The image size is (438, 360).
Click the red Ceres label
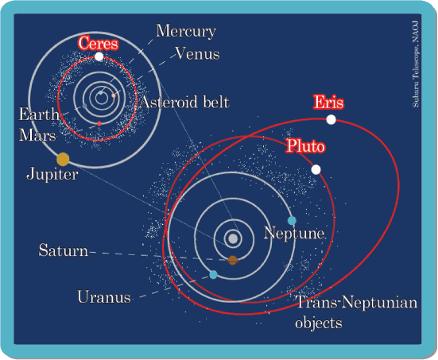(x=98, y=43)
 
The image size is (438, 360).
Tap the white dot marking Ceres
(x=99, y=56)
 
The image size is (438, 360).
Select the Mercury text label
(x=186, y=31)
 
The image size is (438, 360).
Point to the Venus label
(x=197, y=53)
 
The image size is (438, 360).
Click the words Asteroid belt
(x=184, y=102)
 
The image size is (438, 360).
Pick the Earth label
(x=39, y=114)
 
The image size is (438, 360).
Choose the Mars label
(x=37, y=135)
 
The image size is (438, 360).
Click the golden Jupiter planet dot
(x=63, y=159)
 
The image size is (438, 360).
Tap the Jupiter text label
(x=52, y=174)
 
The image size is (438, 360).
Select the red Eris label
(x=328, y=102)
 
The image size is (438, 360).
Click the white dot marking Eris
(x=331, y=119)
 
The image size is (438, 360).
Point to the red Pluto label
(x=305, y=145)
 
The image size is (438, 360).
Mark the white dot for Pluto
(x=316, y=169)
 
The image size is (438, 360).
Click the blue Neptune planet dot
(x=292, y=221)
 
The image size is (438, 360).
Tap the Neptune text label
(x=294, y=233)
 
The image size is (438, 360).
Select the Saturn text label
(x=63, y=250)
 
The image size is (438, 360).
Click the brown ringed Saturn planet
(x=233, y=261)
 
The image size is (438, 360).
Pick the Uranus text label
(x=104, y=296)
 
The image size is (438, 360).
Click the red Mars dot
(x=99, y=123)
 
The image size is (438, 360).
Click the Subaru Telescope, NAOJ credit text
(x=416, y=64)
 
